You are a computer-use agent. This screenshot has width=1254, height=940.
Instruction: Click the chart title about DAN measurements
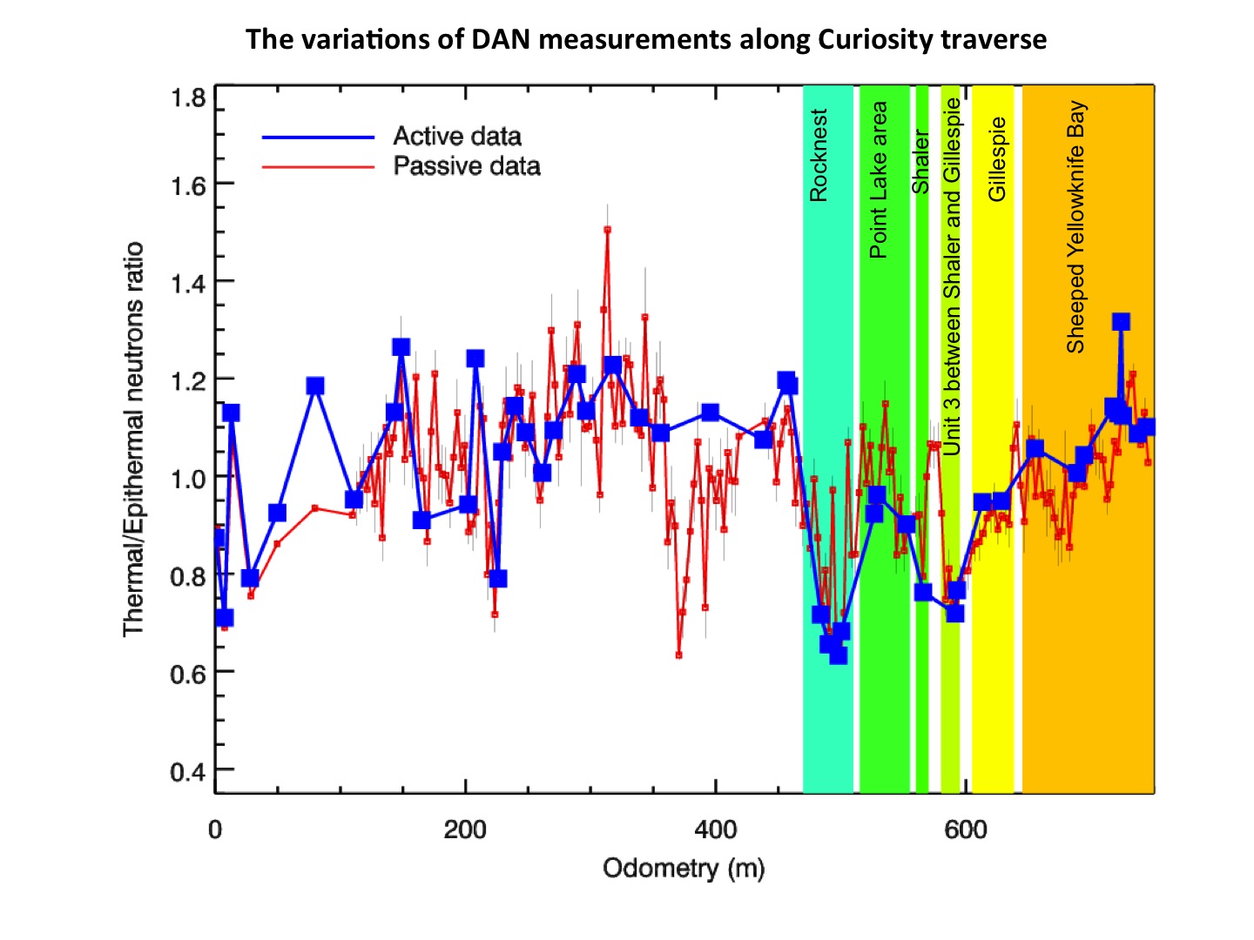point(645,40)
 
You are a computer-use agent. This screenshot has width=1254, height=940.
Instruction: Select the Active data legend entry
point(456,137)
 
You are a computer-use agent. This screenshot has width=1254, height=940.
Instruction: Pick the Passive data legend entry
point(466,166)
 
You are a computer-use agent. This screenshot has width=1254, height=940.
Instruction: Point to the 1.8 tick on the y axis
point(188,97)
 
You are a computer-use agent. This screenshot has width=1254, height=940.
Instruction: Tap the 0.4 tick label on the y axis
point(188,771)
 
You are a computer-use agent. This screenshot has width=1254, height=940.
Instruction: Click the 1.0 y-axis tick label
point(188,478)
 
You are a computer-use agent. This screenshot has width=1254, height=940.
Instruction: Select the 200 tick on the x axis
point(465,829)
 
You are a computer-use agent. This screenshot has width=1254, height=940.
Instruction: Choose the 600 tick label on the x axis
point(965,829)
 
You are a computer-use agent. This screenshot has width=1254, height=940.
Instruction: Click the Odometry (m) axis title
point(684,869)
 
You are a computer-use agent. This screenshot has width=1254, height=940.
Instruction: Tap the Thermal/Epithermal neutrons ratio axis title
point(132,440)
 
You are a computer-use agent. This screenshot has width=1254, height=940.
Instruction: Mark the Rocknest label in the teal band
point(819,155)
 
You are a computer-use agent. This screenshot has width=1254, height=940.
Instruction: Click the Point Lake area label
point(879,180)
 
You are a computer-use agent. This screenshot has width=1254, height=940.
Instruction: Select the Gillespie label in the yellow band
point(997,159)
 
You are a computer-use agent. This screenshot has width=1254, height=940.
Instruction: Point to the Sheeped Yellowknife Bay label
point(1076,226)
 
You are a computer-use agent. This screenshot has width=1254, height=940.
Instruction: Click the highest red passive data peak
point(607,230)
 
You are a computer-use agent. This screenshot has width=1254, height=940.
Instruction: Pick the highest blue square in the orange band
point(1121,322)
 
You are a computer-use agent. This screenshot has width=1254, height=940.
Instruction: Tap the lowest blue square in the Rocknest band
point(838,655)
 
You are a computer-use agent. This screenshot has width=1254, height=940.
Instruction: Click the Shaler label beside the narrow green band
point(920,162)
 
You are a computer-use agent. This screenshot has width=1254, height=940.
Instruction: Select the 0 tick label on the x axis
point(215,829)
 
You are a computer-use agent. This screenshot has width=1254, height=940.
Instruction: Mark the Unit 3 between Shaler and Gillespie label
point(952,276)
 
